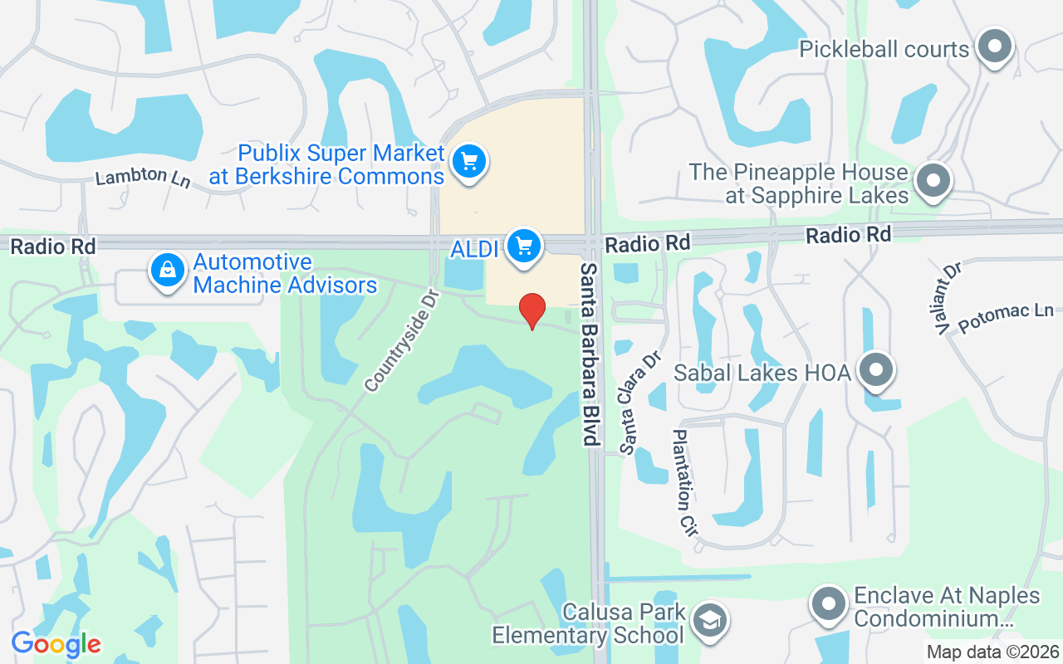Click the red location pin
pos(532,310)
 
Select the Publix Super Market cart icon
pos(469,162)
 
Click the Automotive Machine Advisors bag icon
pos(168,271)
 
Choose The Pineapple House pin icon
pos(933,180)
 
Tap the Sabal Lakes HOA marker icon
pos(875,371)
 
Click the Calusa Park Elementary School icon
pos(709,621)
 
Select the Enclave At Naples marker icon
pos(829,605)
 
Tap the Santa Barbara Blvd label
pos(590,354)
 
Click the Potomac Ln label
pos(1005,318)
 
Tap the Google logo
pos(56,644)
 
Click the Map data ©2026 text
pos(993,652)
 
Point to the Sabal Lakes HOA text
pos(762,373)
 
